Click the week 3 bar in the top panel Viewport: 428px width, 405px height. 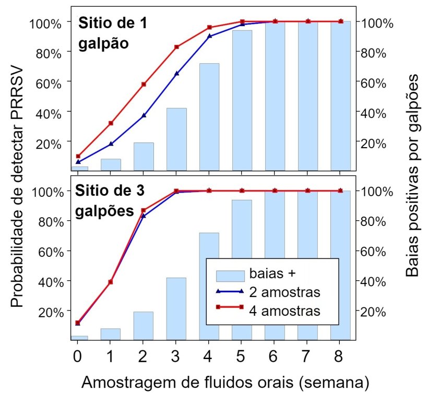pyautogui.click(x=176, y=138)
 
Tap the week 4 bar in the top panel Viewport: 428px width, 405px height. pyautogui.click(x=209, y=116)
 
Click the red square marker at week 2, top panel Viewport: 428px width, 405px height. pyautogui.click(x=144, y=84)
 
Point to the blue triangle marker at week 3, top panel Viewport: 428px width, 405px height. pyautogui.click(x=176, y=74)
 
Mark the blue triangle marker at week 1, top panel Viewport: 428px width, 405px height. pyautogui.click(x=111, y=144)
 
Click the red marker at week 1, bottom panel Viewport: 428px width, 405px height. pyautogui.click(x=111, y=282)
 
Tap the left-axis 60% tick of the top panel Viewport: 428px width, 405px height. pyautogui.click(x=51, y=82)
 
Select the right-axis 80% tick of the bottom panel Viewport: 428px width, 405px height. pyautogui.click(x=374, y=221)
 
